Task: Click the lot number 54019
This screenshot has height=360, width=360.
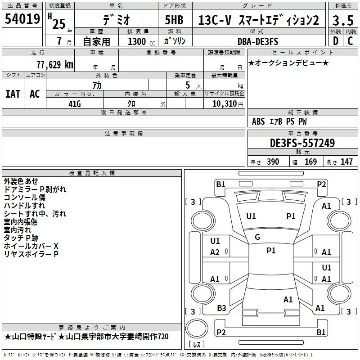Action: pyautogui.click(x=22, y=19)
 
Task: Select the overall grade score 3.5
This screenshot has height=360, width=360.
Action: pyautogui.click(x=343, y=20)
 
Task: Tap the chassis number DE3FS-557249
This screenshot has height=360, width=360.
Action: pyautogui.click(x=302, y=143)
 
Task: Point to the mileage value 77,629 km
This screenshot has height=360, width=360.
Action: pyautogui.click(x=55, y=65)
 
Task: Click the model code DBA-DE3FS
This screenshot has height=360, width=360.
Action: pyautogui.click(x=258, y=41)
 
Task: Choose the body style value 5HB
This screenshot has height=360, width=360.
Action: pyautogui.click(x=174, y=20)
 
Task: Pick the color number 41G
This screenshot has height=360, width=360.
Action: pyautogui.click(x=75, y=104)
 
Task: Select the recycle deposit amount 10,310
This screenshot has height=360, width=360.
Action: pyautogui.click(x=224, y=104)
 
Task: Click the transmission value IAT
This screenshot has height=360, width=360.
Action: pyautogui.click(x=13, y=94)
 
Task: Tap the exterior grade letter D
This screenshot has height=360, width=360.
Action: pyautogui.click(x=336, y=41)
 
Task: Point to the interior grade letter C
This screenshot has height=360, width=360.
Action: pyautogui.click(x=350, y=41)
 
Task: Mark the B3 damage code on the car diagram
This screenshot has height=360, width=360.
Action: pyautogui.click(x=221, y=308)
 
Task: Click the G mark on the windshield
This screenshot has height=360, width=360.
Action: pyautogui.click(x=257, y=237)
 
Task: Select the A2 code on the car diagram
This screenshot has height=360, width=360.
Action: pyautogui.click(x=215, y=252)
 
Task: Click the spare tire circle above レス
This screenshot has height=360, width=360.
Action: pyautogui.click(x=197, y=328)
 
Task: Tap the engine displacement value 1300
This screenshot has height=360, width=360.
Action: pyautogui.click(x=137, y=41)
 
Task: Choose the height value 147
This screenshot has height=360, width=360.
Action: pyautogui.click(x=346, y=162)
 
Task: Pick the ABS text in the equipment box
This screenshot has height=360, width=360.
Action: pyautogui.click(x=258, y=121)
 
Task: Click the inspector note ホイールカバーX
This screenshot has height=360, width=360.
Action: pyautogui.click(x=31, y=246)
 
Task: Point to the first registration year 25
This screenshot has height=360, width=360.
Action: pyautogui.click(x=59, y=24)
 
